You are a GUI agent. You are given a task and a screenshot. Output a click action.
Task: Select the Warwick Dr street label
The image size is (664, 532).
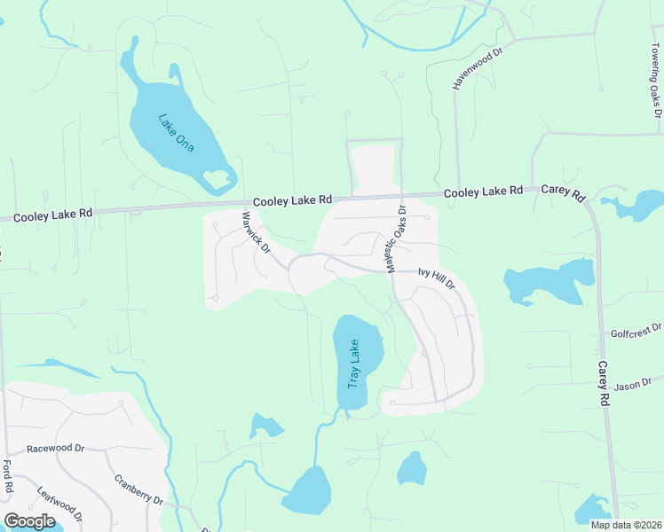256,231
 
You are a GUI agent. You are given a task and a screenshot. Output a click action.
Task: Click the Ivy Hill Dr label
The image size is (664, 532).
437,278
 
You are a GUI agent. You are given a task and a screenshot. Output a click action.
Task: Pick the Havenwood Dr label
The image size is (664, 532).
478,66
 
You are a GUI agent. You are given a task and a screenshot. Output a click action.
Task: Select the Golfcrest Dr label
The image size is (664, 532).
636,332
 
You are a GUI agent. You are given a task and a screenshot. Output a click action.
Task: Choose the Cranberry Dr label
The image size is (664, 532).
138,490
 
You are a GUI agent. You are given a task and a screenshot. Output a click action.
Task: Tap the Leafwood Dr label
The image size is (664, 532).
60,504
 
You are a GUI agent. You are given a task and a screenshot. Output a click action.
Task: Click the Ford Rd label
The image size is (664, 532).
7,476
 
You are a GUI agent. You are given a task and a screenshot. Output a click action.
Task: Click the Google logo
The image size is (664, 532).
29,520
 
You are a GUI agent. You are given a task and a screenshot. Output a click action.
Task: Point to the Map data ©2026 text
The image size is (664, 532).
626,525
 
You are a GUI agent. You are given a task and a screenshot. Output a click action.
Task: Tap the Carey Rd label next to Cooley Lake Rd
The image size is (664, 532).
564,192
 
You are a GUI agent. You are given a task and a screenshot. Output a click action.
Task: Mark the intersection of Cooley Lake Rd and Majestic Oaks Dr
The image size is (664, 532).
402,196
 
